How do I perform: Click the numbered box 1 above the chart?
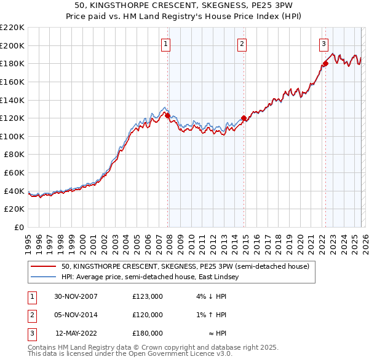pos(166,43)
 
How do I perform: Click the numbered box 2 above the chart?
pos(242,43)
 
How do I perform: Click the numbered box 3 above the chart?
pos(323,43)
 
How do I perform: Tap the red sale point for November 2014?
pos(244,118)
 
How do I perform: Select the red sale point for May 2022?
pos(325,63)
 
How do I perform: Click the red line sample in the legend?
pos(44,266)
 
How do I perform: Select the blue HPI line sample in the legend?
pos(44,277)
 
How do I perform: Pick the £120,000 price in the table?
pos(148,315)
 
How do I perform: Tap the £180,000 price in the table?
pos(148,333)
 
